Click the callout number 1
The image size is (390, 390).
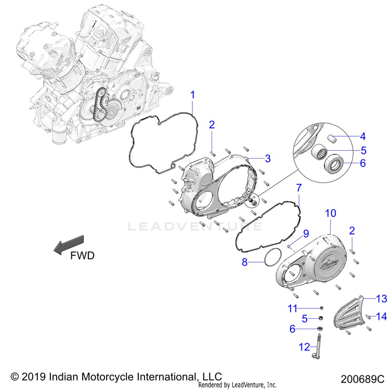click(x=192, y=95)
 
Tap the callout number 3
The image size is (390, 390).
click(x=268, y=159)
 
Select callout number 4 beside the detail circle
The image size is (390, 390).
click(x=363, y=136)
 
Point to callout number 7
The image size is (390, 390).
click(x=298, y=188)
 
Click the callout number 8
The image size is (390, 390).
click(x=245, y=262)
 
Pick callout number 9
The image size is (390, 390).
click(x=306, y=233)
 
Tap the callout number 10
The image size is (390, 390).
click(x=331, y=213)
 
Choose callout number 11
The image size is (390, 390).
click(x=292, y=308)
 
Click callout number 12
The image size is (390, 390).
click(x=304, y=347)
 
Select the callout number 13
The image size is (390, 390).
click(x=382, y=298)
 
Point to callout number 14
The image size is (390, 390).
click(x=382, y=317)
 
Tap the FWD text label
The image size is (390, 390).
click(x=82, y=255)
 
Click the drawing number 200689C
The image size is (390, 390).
click(x=362, y=379)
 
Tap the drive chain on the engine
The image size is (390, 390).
click(x=99, y=105)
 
